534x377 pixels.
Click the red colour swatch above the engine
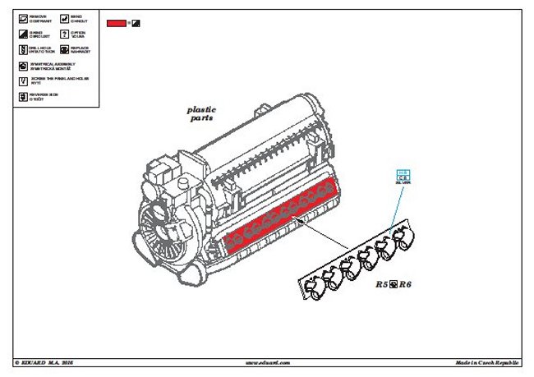click(116, 23)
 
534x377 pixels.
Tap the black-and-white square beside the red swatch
click(136, 23)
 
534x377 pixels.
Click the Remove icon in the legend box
click(21, 17)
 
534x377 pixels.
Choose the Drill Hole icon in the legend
click(21, 49)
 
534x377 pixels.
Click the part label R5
click(382, 284)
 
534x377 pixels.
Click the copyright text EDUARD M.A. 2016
click(48, 362)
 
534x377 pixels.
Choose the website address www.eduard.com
click(266, 362)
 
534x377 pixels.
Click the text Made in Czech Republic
click(487, 362)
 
